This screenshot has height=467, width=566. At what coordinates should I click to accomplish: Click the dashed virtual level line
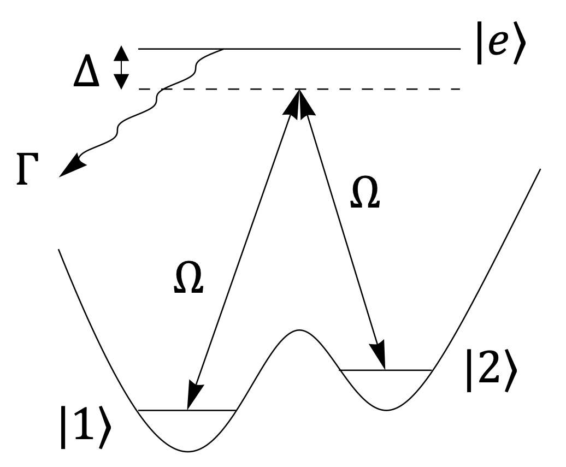tap(382, 89)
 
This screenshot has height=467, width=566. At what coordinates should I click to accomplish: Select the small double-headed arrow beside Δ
tap(121, 68)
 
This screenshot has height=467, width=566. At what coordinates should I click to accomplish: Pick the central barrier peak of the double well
tap(298, 330)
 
